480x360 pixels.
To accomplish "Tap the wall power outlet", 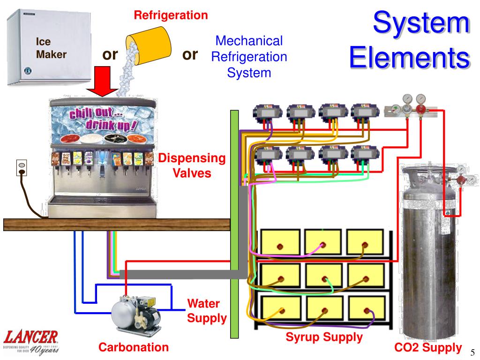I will point(22,168).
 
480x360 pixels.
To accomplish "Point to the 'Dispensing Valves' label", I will point(192,165).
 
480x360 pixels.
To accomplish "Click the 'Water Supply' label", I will point(207,311).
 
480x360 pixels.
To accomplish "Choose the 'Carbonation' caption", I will point(134,347).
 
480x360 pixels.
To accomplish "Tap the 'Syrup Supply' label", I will point(324,337).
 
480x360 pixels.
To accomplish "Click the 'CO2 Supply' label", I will point(428,347).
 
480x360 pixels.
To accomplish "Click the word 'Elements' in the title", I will point(410,58).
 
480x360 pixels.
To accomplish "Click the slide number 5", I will point(472,352).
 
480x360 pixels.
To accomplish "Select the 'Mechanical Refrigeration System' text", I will point(249,57).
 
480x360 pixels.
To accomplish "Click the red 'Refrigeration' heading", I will point(171,15).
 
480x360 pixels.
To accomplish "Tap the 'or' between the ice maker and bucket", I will point(110,55).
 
